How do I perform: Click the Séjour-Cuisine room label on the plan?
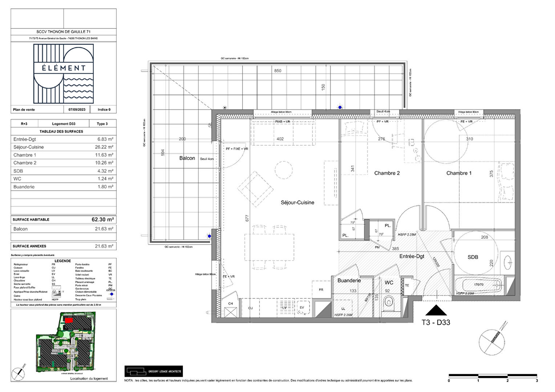297,203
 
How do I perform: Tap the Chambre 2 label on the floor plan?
387,173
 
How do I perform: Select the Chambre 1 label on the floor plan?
459,173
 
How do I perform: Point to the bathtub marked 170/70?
478,285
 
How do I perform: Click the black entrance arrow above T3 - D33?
436,311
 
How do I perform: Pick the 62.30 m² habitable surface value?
103,220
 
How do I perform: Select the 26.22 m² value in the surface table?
104,147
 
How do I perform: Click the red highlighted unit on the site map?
69,320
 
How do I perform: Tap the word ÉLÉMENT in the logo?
64,68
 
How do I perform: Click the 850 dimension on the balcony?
277,71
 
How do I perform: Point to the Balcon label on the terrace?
187,158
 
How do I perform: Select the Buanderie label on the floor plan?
349,281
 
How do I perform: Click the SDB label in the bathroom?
473,257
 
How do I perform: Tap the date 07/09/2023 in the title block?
77,110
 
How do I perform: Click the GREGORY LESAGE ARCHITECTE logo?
154,371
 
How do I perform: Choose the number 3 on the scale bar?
536,381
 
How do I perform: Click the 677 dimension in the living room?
247,219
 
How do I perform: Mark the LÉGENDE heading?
63,261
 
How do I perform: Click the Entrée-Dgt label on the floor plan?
412,256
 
